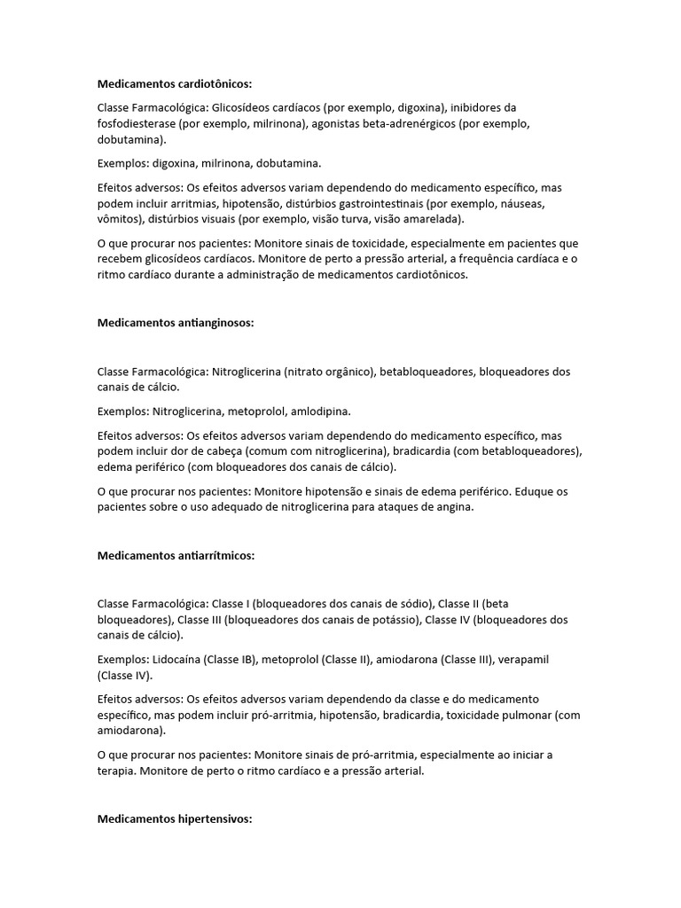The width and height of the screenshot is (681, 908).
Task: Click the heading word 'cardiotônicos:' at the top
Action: click(209, 84)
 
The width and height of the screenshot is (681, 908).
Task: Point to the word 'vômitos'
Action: click(119, 220)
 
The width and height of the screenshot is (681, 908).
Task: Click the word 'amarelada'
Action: click(434, 220)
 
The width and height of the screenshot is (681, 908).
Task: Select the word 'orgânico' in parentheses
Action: click(345, 372)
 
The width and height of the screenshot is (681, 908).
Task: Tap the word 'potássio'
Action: click(394, 620)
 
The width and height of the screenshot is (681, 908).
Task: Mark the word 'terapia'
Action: click(118, 771)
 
